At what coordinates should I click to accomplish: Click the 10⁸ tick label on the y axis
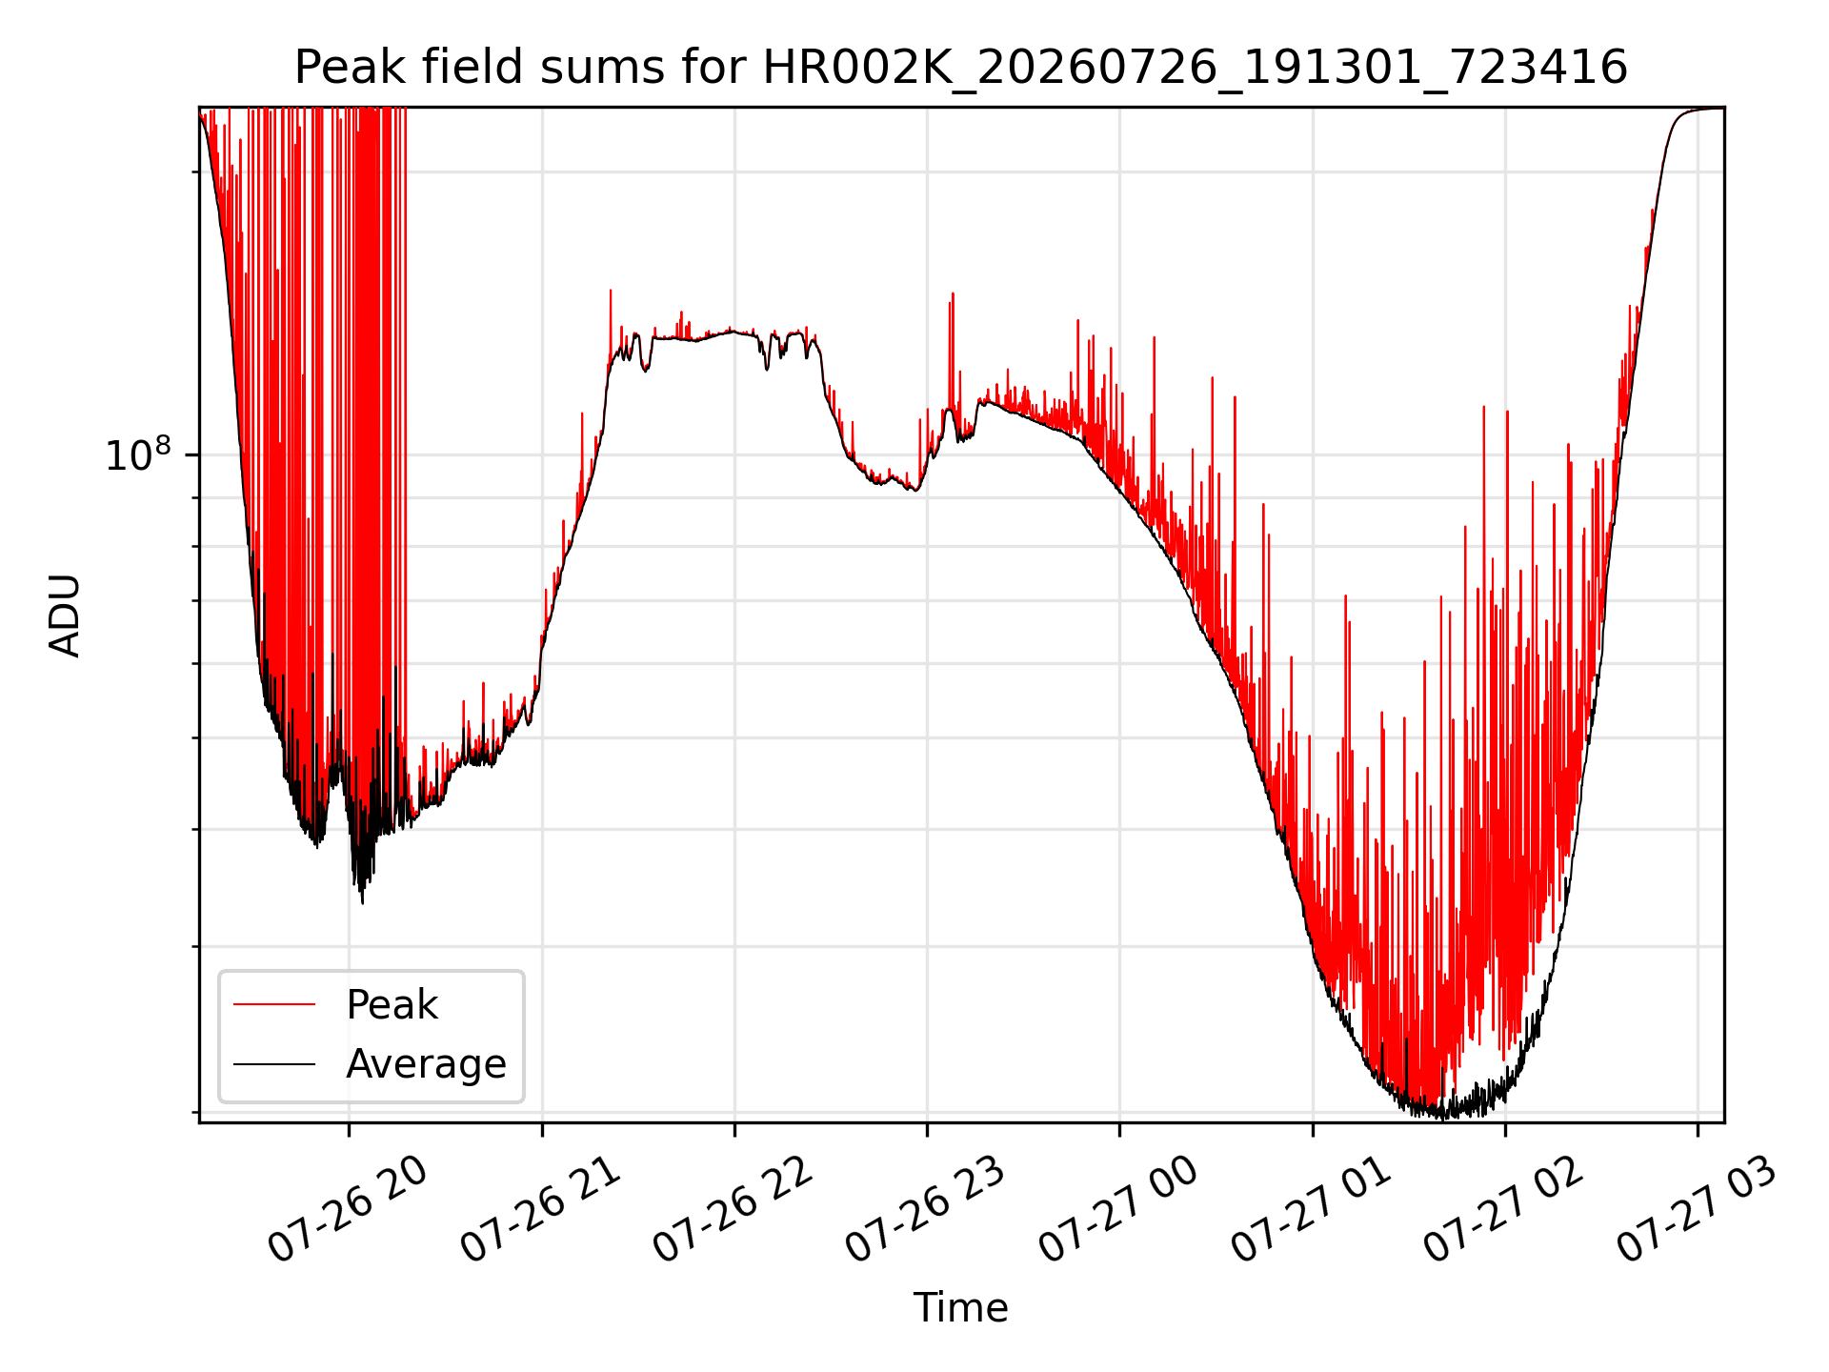139,454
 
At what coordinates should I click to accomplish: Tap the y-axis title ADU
65,615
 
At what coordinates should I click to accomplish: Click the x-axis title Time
960,1307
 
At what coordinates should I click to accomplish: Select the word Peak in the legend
392,1004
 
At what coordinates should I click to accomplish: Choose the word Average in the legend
426,1063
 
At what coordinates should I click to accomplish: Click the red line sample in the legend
274,1004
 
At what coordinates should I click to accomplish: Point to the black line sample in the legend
274,1063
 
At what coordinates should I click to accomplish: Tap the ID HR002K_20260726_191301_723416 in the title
1195,69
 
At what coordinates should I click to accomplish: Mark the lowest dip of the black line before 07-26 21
362,902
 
